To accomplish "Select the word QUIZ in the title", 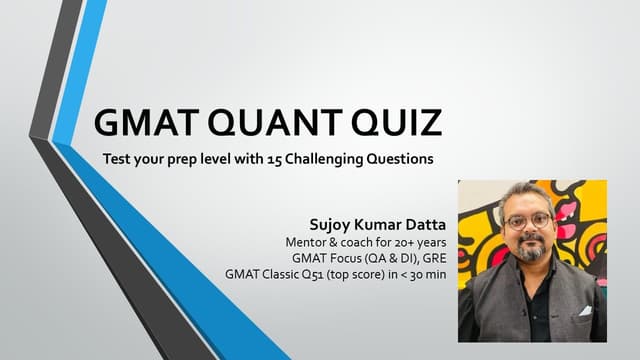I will point(392,124).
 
